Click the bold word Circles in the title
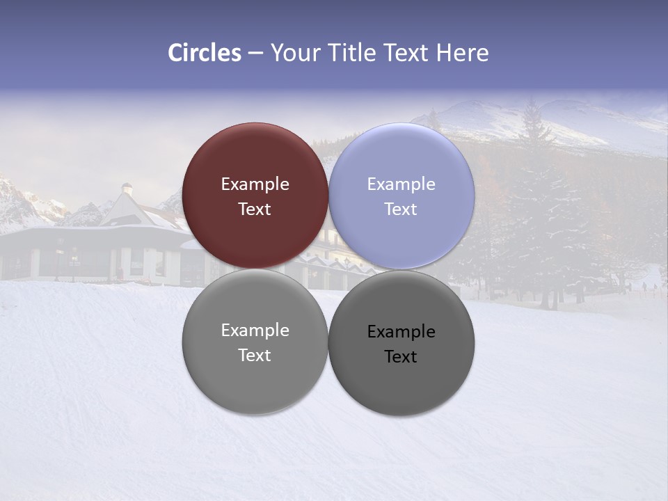coord(205,53)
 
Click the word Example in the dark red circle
coord(255,184)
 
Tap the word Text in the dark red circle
coord(255,209)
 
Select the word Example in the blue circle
coord(401,184)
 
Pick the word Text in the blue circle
coord(401,209)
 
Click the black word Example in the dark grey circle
coord(401,332)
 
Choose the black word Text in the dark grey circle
coord(401,357)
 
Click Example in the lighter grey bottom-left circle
coord(255,331)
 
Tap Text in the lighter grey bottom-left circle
coord(255,356)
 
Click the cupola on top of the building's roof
coord(127,189)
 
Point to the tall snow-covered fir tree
coord(533,209)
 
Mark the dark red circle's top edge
coord(255,124)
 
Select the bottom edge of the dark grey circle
coord(401,415)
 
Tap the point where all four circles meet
coord(328,269)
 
